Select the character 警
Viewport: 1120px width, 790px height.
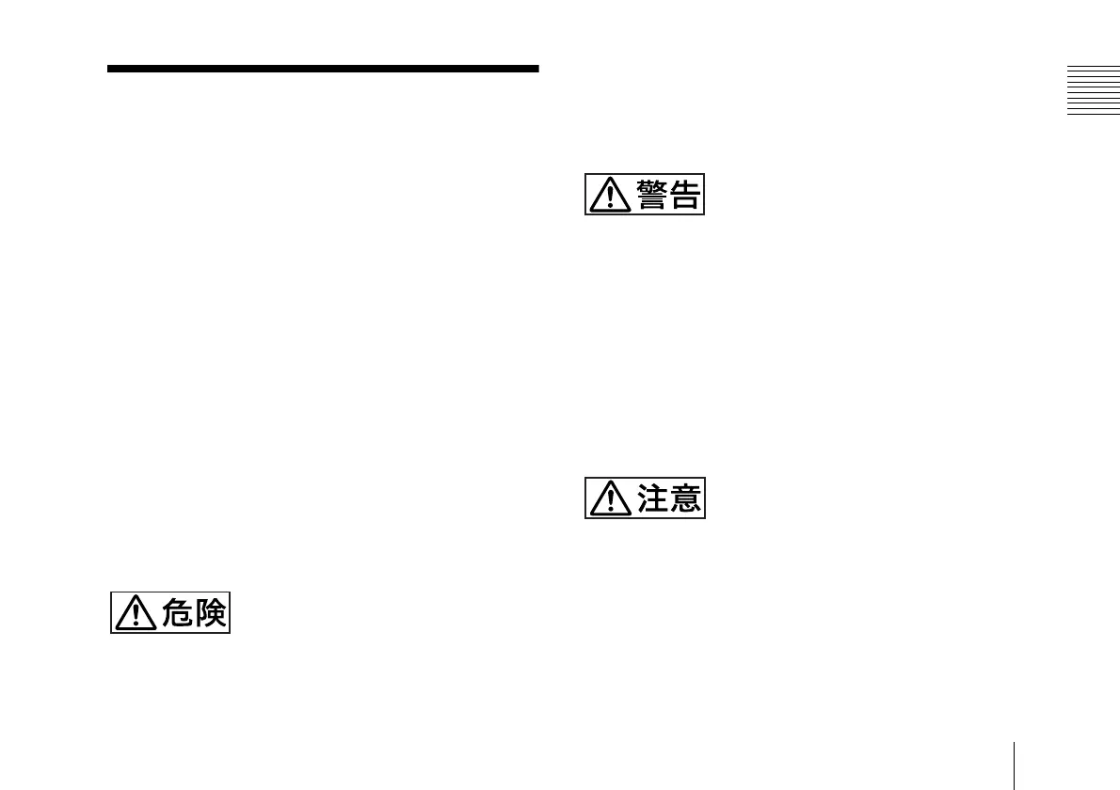pyautogui.click(x=654, y=195)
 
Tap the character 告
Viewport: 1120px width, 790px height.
pyautogui.click(x=684, y=195)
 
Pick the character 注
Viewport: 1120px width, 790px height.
pyautogui.click(x=654, y=498)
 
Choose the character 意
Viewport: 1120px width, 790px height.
pyautogui.click(x=684, y=498)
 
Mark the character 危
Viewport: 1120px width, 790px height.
pyautogui.click(x=180, y=613)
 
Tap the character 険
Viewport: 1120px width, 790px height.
pyautogui.click(x=210, y=613)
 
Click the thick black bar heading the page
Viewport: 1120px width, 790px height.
pyautogui.click(x=323, y=69)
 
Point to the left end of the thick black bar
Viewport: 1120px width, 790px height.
pyautogui.click(x=109, y=69)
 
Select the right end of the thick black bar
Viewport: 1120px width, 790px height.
pyautogui.click(x=536, y=69)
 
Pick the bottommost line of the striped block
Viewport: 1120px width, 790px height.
pyautogui.click(x=1094, y=114)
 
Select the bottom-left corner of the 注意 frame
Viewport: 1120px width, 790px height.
pyautogui.click(x=585, y=517)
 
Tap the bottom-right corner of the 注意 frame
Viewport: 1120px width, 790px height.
pyautogui.click(x=704, y=517)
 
